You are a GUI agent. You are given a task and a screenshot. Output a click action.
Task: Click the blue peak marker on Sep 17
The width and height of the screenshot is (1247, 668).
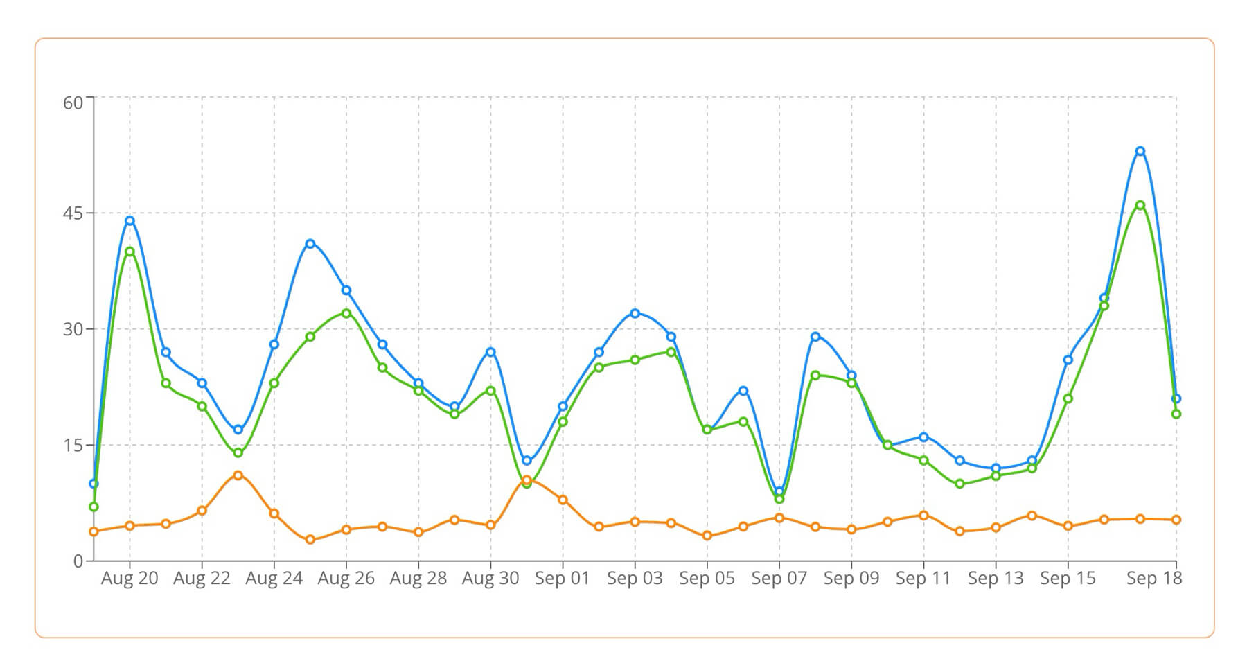pyautogui.click(x=1140, y=151)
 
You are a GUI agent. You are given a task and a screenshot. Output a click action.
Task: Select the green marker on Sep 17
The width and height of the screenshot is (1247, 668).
pyautogui.click(x=1140, y=205)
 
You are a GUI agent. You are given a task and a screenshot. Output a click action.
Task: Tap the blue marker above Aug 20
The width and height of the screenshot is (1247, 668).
pyautogui.click(x=130, y=220)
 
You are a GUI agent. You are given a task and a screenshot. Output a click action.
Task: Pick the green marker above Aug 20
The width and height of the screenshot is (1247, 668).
pyautogui.click(x=130, y=252)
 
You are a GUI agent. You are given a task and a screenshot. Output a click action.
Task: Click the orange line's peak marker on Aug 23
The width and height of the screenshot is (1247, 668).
pyautogui.click(x=238, y=475)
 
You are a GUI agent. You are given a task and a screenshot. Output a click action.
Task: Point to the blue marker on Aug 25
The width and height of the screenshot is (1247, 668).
pyautogui.click(x=310, y=244)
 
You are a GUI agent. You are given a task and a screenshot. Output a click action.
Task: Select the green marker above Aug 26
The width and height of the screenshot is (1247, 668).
pyautogui.click(x=346, y=313)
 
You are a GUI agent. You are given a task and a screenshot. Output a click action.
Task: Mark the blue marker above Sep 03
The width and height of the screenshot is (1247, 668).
pyautogui.click(x=635, y=313)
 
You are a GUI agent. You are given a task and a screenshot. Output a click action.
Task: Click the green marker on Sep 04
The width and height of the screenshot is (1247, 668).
pyautogui.click(x=671, y=352)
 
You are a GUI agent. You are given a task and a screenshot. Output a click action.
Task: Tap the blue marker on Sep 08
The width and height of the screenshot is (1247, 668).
pyautogui.click(x=815, y=337)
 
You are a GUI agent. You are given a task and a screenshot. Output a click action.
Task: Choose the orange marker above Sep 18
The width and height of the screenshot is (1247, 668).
pyautogui.click(x=1176, y=520)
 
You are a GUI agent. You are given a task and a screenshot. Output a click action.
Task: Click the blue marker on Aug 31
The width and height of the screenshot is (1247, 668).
pyautogui.click(x=527, y=460)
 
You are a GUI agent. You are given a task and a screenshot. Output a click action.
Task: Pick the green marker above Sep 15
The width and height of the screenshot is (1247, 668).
pyautogui.click(x=1068, y=398)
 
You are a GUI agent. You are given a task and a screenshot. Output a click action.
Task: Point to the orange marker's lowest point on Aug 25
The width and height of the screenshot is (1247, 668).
pyautogui.click(x=310, y=539)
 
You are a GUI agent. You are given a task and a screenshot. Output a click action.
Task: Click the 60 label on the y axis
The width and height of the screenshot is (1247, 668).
pyautogui.click(x=73, y=103)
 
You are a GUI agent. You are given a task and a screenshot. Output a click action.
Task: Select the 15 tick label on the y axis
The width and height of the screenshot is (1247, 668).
pyautogui.click(x=73, y=446)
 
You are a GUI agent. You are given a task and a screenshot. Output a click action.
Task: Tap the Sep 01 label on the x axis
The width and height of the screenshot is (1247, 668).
pyautogui.click(x=563, y=579)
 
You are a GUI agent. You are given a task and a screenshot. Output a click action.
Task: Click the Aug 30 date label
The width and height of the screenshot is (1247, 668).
pyautogui.click(x=490, y=579)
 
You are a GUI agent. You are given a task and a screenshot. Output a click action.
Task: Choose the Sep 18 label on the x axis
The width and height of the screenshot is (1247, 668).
pyautogui.click(x=1154, y=579)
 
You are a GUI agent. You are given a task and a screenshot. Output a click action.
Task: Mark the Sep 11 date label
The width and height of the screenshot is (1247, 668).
pyautogui.click(x=923, y=579)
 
